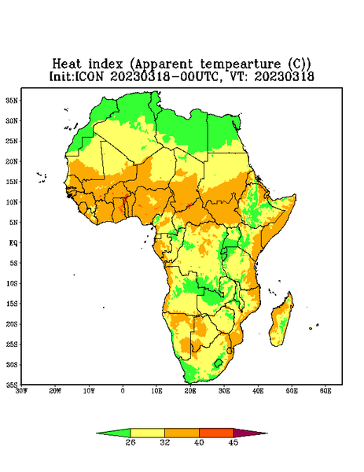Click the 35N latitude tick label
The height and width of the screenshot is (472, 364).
[x=12, y=100]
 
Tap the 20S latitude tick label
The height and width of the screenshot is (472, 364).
[x=12, y=324]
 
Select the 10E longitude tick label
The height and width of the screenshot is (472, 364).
[x=156, y=391]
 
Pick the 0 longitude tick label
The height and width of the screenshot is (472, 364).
[x=123, y=391]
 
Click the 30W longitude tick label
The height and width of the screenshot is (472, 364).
[x=21, y=391]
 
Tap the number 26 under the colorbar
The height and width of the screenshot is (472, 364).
[x=131, y=442]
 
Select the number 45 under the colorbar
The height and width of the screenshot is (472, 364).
[x=233, y=442]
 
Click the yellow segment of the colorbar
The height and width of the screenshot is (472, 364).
[x=147, y=433]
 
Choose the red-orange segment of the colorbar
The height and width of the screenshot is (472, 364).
[x=216, y=433]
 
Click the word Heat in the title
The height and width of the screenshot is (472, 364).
[x=67, y=65]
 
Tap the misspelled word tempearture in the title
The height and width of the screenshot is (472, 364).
[x=241, y=65]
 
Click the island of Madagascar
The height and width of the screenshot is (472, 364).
[x=281, y=321]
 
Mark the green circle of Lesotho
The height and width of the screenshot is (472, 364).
[x=218, y=363]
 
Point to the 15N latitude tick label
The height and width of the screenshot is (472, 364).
[x=12, y=182]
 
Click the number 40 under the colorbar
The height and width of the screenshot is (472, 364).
[x=199, y=442]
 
